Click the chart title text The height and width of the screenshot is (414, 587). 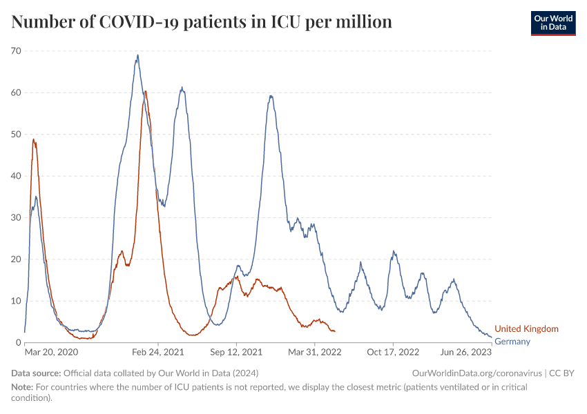[x=202, y=22]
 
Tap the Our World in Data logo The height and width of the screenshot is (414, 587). [x=552, y=23]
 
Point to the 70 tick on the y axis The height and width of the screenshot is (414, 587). [x=16, y=51]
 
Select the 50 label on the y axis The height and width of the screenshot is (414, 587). [x=16, y=135]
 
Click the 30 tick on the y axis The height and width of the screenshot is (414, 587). [x=16, y=218]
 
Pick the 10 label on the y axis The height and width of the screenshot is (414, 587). [x=16, y=301]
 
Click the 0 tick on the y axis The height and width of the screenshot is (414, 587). [x=19, y=343]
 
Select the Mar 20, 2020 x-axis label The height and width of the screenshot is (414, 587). [x=52, y=352]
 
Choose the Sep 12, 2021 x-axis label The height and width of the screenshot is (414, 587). [x=237, y=352]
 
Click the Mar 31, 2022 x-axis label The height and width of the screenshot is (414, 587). [x=315, y=352]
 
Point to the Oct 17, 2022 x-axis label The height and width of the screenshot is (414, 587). [x=394, y=352]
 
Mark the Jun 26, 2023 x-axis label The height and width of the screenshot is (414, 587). [x=466, y=352]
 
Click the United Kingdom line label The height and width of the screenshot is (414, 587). [x=526, y=329]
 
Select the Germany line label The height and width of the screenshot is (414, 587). [x=512, y=342]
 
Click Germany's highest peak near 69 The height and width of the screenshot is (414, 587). [x=137, y=55]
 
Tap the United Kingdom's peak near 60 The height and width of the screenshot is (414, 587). [x=146, y=91]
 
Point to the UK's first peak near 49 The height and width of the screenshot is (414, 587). [x=34, y=139]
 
